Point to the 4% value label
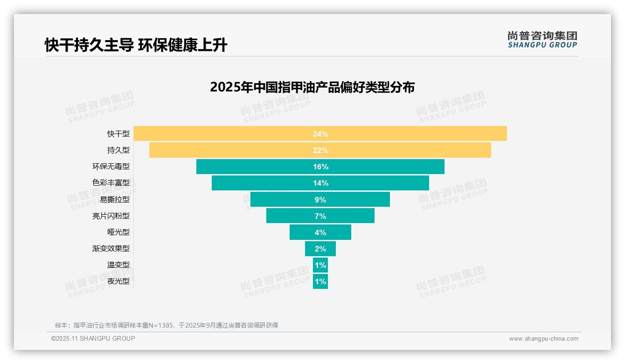[x=320, y=232]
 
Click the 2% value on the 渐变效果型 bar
[x=320, y=249]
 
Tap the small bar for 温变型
[x=320, y=265]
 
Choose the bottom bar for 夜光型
[x=320, y=281]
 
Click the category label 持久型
[x=118, y=150]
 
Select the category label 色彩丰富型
[x=111, y=183]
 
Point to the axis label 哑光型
[x=118, y=232]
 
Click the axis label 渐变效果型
[x=111, y=249]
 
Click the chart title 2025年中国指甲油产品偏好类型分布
[x=312, y=87]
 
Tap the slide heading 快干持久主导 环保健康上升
[x=136, y=45]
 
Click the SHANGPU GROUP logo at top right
[x=542, y=40]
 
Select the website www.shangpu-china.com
[x=543, y=339]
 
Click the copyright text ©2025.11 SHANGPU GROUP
[x=93, y=338]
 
